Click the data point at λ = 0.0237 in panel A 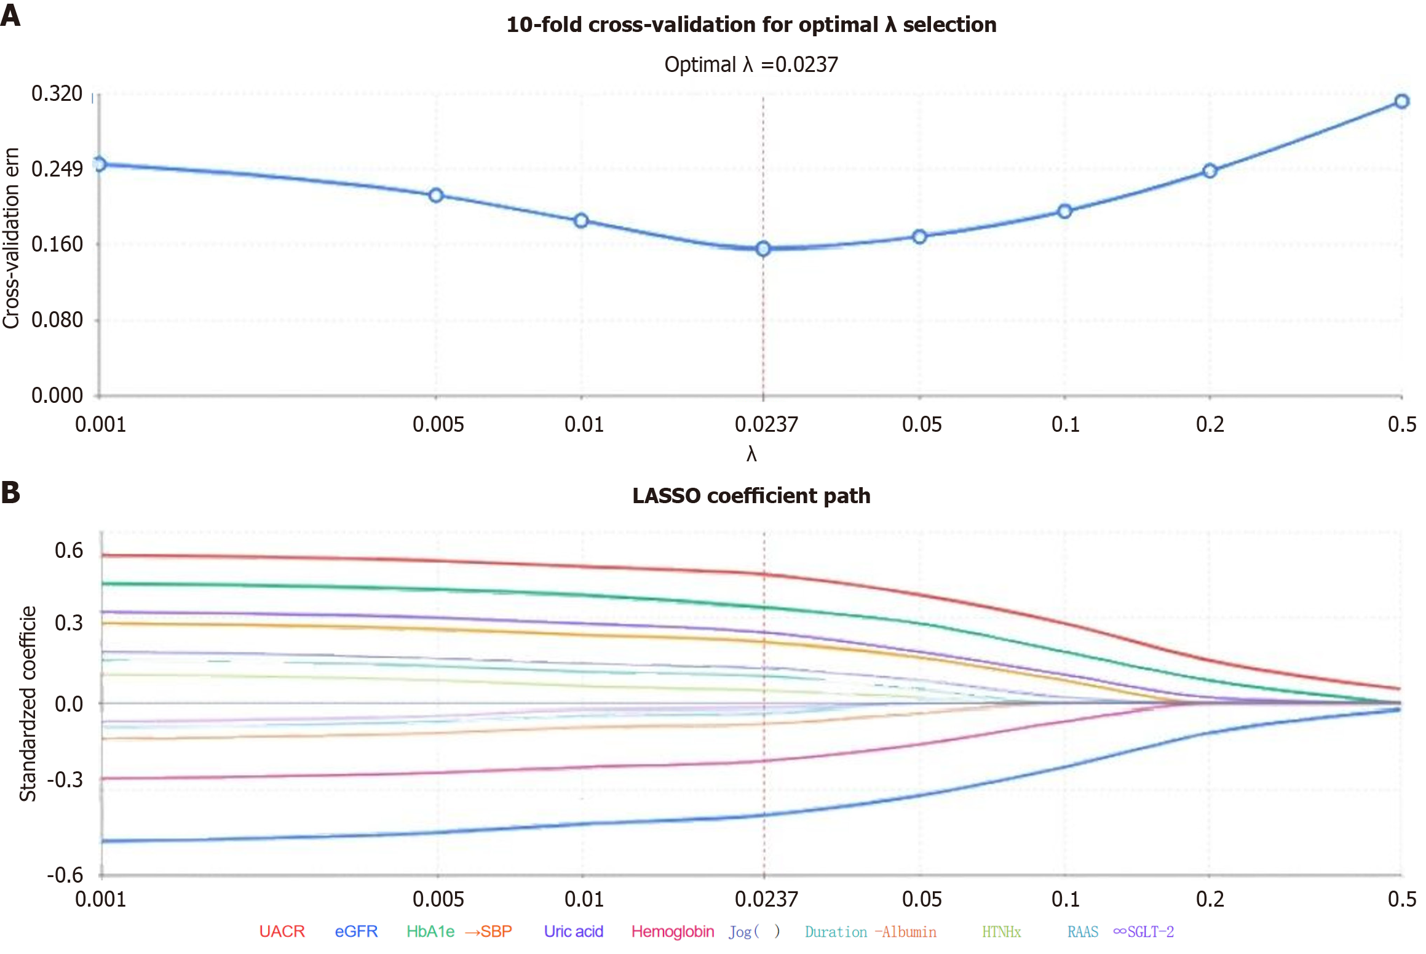(x=763, y=248)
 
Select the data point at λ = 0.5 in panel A (x=1401, y=101)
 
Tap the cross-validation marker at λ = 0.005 (x=436, y=196)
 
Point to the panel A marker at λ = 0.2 (x=1210, y=171)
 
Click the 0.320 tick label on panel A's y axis (x=57, y=93)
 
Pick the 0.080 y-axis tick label (x=57, y=320)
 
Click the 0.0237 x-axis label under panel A (x=766, y=424)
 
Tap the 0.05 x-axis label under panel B (x=922, y=899)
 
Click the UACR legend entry (x=282, y=931)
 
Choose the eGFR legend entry (x=356, y=931)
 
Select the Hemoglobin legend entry (x=673, y=931)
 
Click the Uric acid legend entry (x=573, y=931)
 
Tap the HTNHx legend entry (x=1001, y=932)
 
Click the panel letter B (x=10, y=493)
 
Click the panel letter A (x=10, y=15)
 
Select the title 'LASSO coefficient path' (x=751, y=496)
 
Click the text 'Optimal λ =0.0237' (x=751, y=65)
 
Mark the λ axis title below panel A (x=751, y=455)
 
